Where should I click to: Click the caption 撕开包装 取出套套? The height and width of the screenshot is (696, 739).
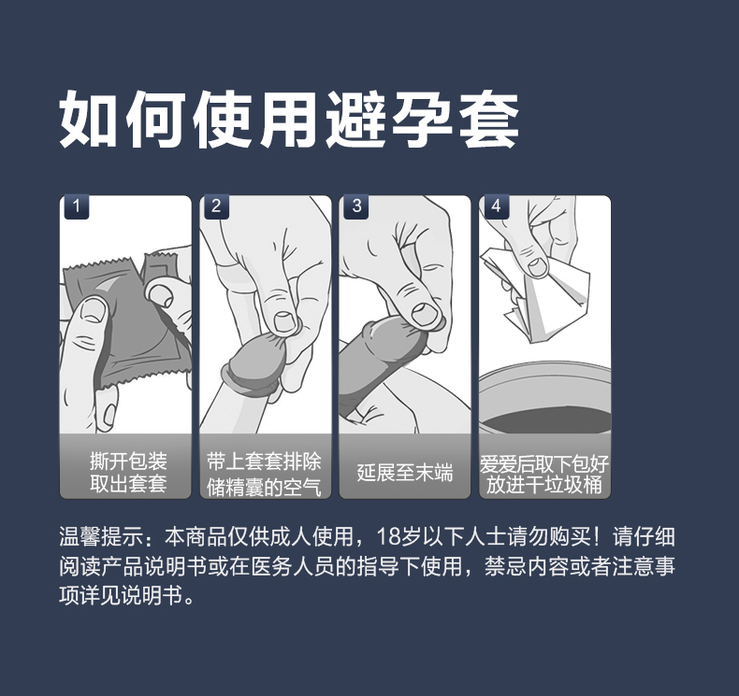[x=128, y=473]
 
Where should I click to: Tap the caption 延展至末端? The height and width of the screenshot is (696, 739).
[x=405, y=473]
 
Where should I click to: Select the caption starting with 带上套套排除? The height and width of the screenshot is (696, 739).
[x=267, y=473]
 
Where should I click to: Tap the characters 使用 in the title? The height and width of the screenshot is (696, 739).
[x=259, y=120]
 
